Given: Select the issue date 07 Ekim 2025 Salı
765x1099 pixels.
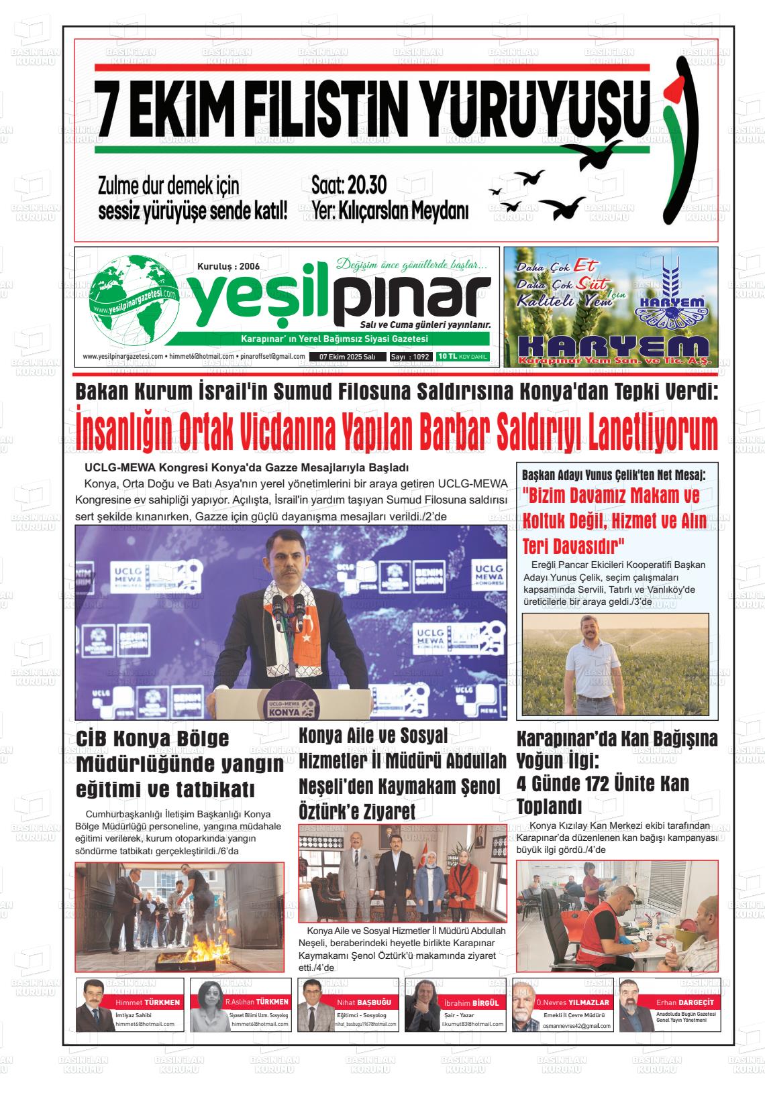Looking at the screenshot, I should pyautogui.click(x=347, y=357).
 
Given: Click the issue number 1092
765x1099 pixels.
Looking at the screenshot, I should pyautogui.click(x=421, y=357).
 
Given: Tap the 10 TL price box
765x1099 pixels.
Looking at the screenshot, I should pyautogui.click(x=462, y=357).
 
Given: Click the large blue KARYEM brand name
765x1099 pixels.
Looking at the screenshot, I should pyautogui.click(x=613, y=346).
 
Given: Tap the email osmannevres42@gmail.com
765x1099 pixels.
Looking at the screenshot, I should pyautogui.click(x=577, y=1027).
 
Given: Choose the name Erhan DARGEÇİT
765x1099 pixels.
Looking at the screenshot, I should pyautogui.click(x=684, y=1002).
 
